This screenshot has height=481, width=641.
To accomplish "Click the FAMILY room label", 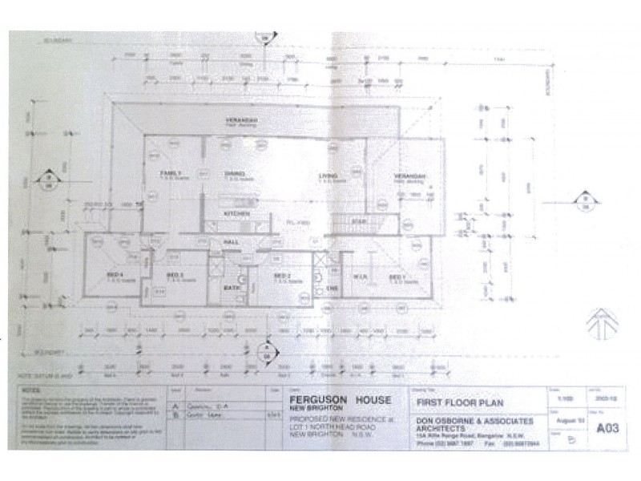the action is (170, 174).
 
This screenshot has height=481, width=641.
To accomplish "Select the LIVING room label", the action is (326, 176).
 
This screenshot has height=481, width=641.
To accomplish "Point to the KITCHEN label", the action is (237, 215).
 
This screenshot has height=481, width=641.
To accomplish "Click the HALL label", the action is (231, 240).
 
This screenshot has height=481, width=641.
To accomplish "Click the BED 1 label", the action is (395, 277).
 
